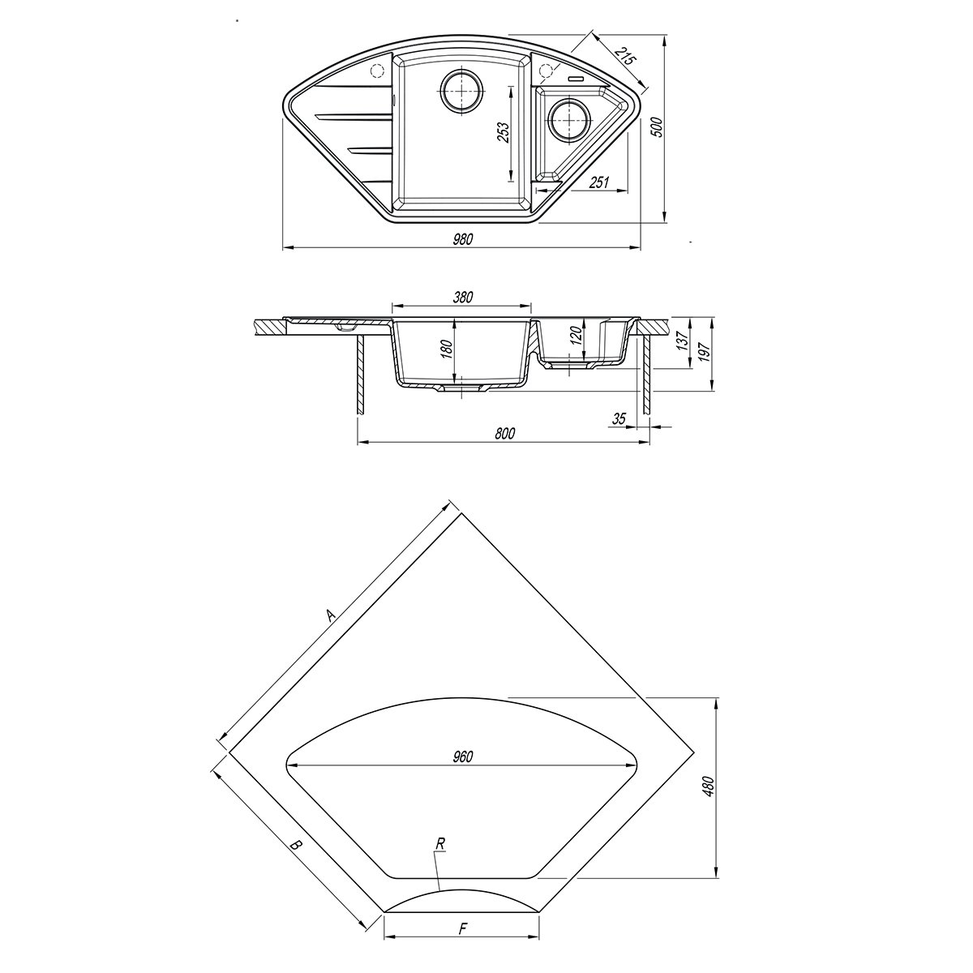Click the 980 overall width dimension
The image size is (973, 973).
(x=462, y=239)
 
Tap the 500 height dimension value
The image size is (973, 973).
(x=657, y=128)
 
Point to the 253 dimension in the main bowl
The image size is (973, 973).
(x=504, y=133)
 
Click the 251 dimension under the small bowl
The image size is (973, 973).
(x=599, y=182)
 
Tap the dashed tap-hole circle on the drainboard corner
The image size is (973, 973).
(x=377, y=71)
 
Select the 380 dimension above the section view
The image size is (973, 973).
(x=462, y=298)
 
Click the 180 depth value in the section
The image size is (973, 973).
(x=448, y=350)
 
